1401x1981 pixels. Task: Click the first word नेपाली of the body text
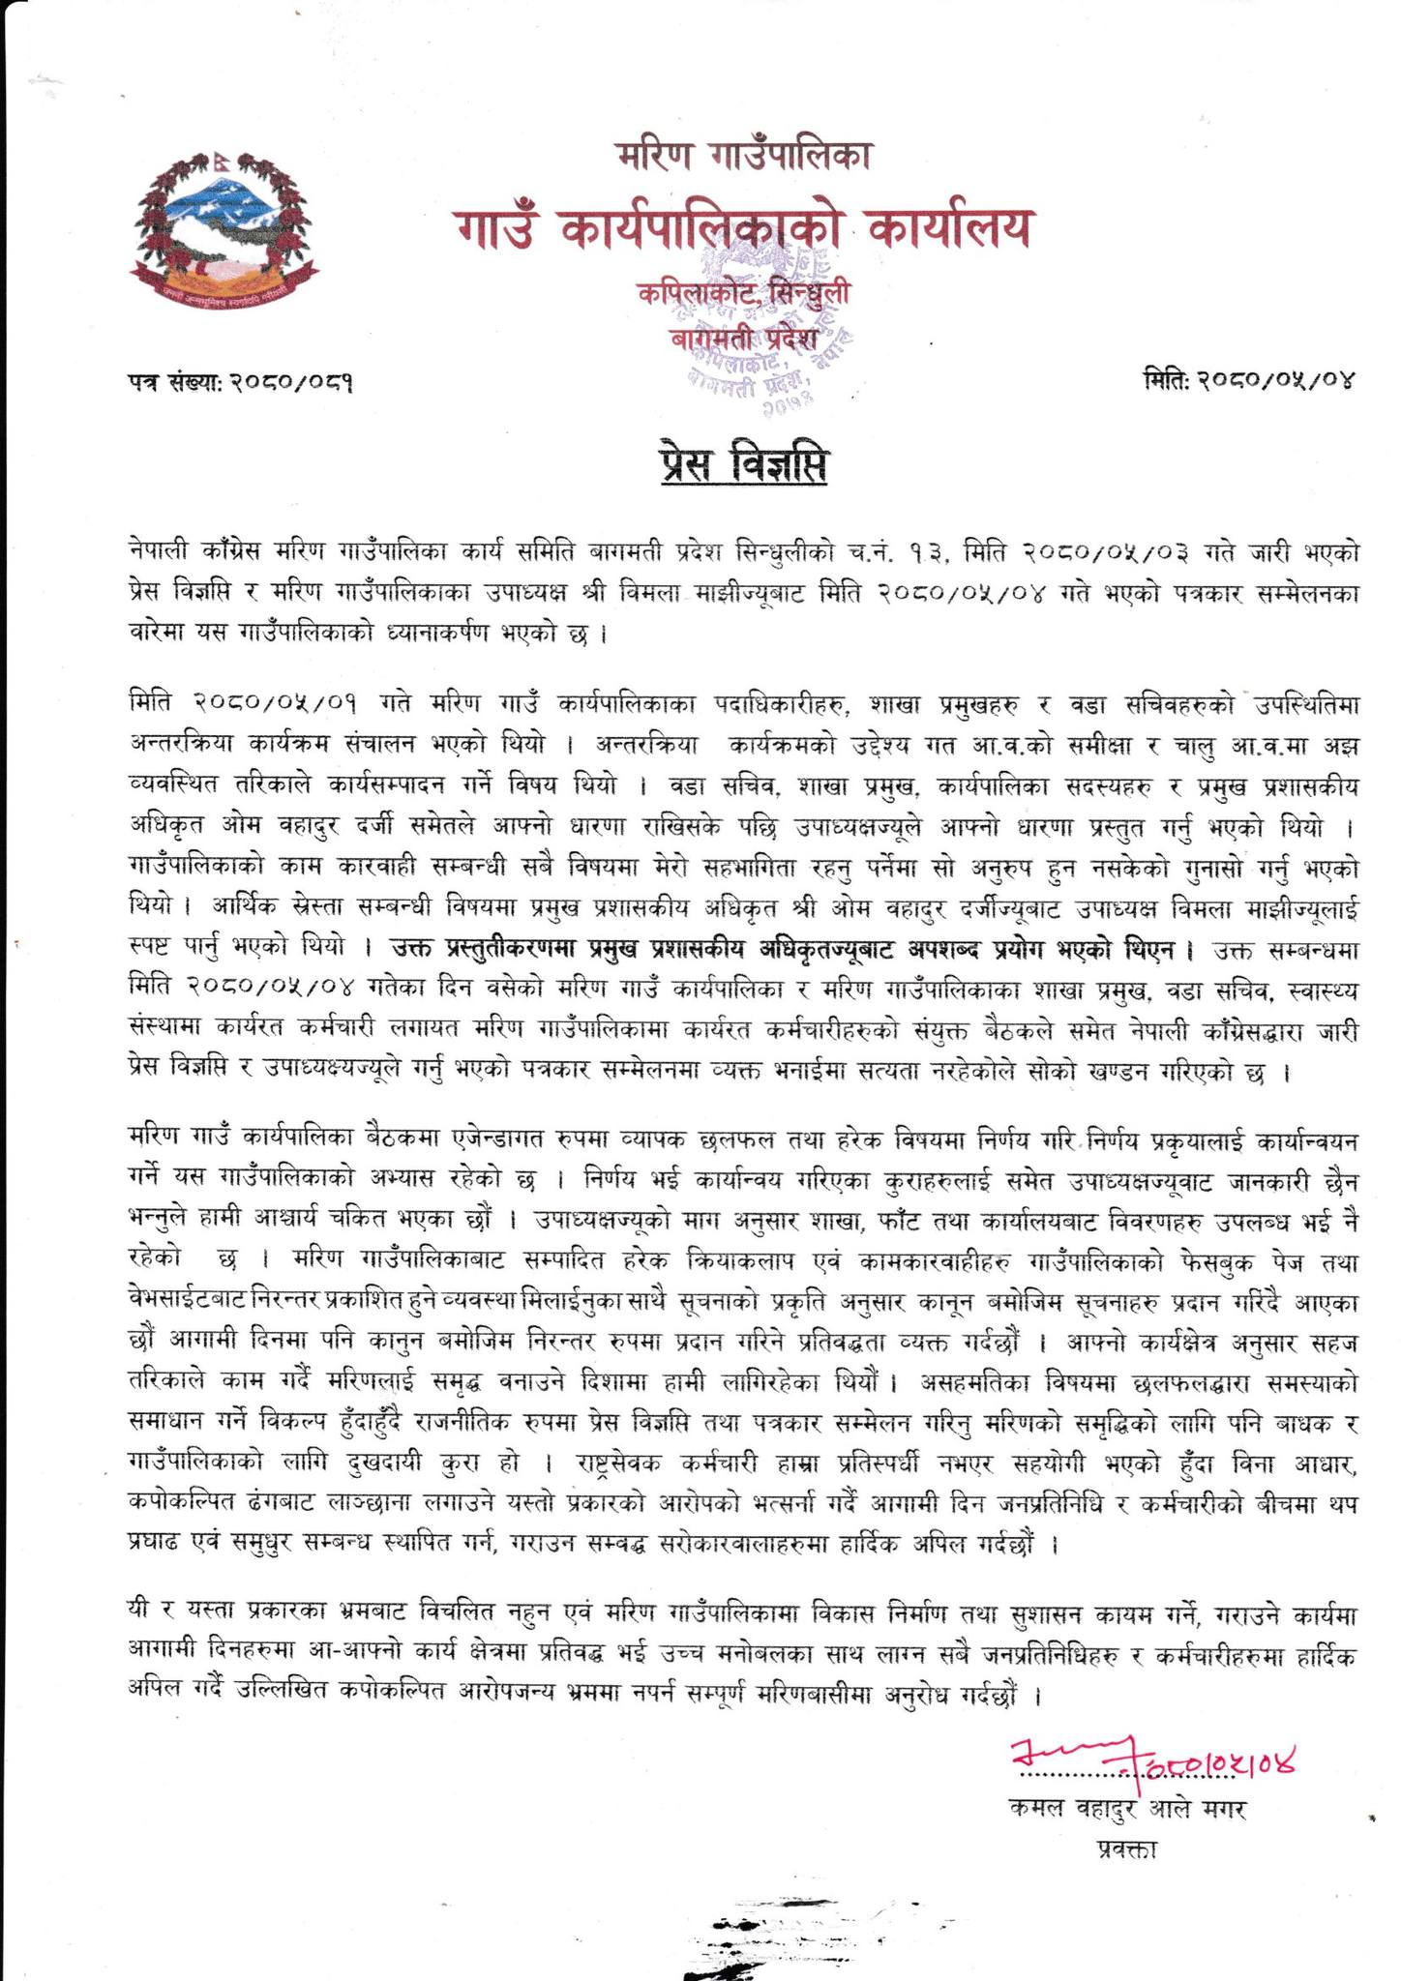click(164, 555)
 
